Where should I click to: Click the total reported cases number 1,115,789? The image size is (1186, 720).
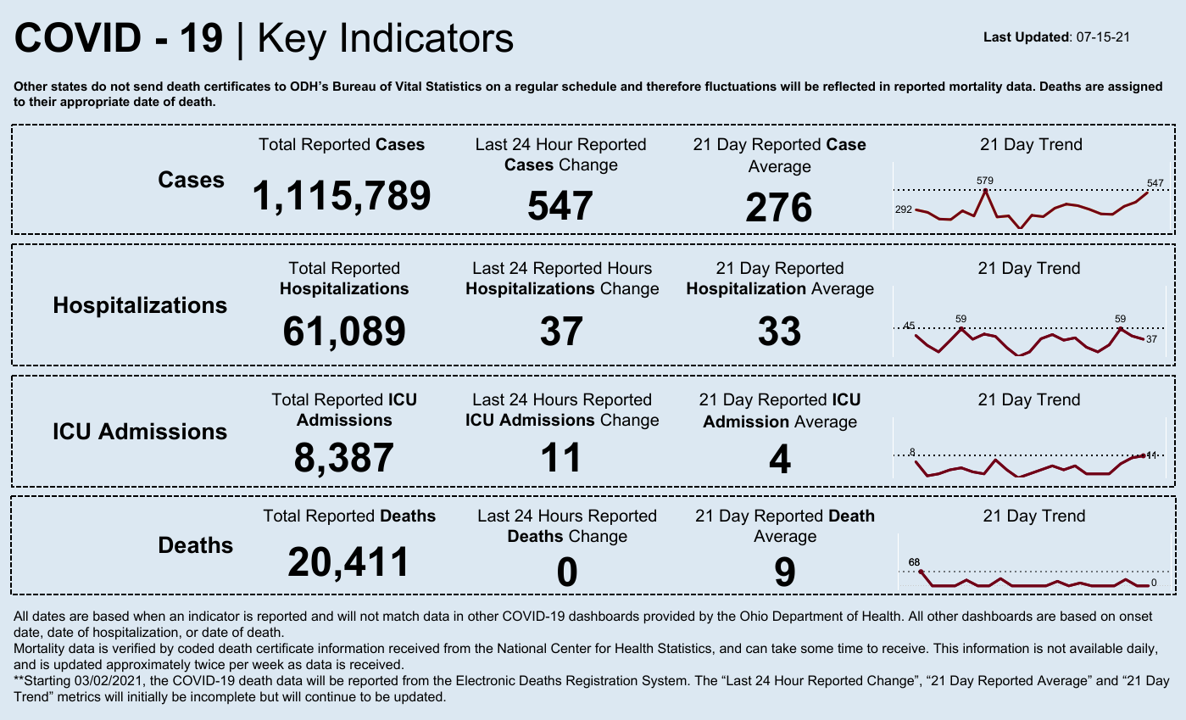click(342, 196)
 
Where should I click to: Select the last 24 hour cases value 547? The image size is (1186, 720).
click(560, 206)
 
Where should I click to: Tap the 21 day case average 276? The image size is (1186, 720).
click(779, 208)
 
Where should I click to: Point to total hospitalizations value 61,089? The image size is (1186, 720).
click(344, 330)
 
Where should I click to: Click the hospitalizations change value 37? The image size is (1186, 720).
click(561, 330)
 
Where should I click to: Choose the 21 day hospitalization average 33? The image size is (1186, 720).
click(779, 330)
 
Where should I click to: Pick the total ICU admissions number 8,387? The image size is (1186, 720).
click(344, 458)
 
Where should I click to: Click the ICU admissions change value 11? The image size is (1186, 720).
click(561, 458)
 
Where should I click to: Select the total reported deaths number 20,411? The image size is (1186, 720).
click(348, 561)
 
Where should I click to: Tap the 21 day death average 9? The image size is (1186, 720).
click(784, 572)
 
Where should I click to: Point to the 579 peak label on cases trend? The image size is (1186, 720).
click(984, 181)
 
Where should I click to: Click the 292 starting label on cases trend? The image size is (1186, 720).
click(904, 209)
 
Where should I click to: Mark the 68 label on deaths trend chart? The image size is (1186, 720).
click(914, 562)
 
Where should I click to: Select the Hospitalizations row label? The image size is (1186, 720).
click(140, 305)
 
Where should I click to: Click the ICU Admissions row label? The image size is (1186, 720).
click(140, 432)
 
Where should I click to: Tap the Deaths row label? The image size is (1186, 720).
click(195, 545)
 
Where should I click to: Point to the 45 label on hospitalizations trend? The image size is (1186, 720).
click(910, 327)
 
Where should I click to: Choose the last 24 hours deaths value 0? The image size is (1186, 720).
click(566, 572)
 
